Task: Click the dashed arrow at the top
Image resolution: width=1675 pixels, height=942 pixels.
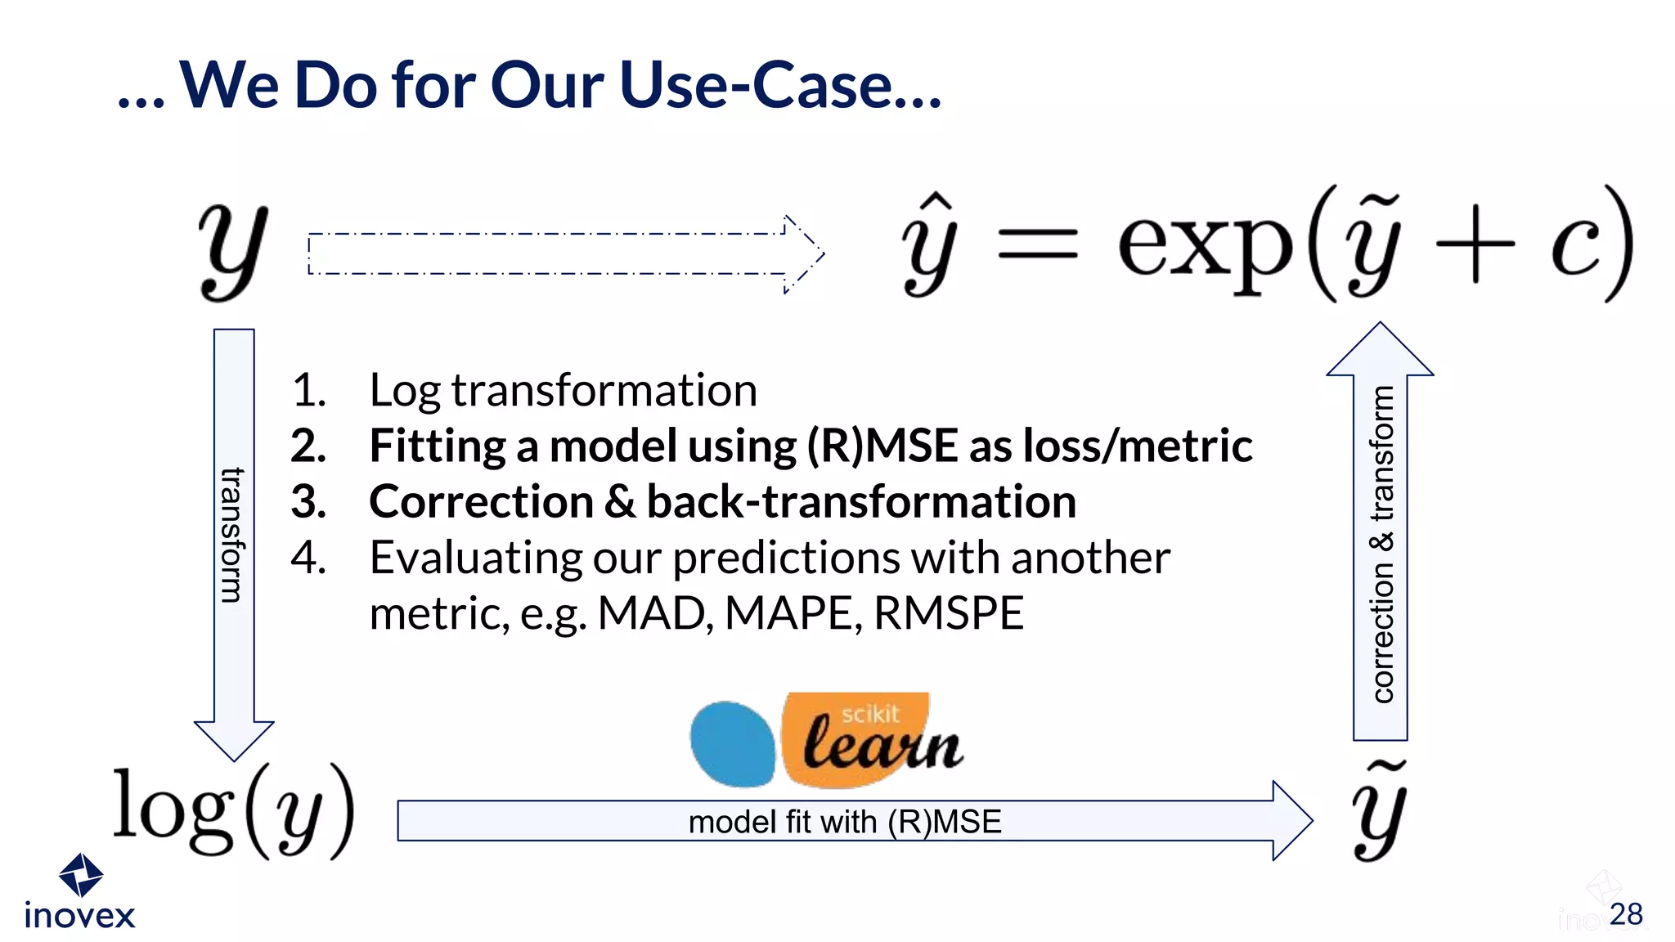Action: pos(564,253)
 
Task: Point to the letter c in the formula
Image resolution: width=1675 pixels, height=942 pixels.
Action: pos(1575,245)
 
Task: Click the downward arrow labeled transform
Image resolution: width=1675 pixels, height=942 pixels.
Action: pos(234,540)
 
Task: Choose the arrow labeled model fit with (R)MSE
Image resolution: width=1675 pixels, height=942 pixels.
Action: pos(851,821)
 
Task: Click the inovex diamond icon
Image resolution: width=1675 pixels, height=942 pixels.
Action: pos(81,874)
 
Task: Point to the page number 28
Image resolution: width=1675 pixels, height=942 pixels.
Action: pos(1625,914)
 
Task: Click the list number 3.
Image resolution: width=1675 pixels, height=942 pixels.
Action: pos(308,501)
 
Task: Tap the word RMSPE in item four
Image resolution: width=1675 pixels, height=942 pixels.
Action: pos(949,613)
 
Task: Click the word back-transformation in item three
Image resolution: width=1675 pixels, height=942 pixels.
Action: pos(861,501)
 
